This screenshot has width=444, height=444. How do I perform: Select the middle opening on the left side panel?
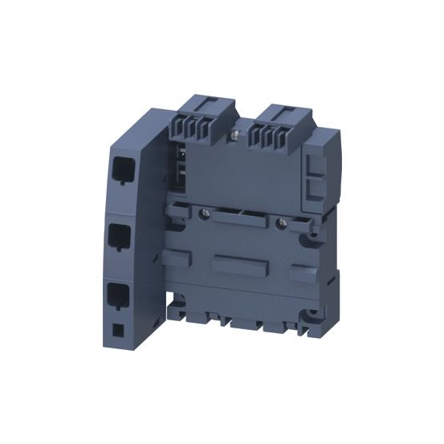tap(120, 236)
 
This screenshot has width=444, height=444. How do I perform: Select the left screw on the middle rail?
tap(205, 214)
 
